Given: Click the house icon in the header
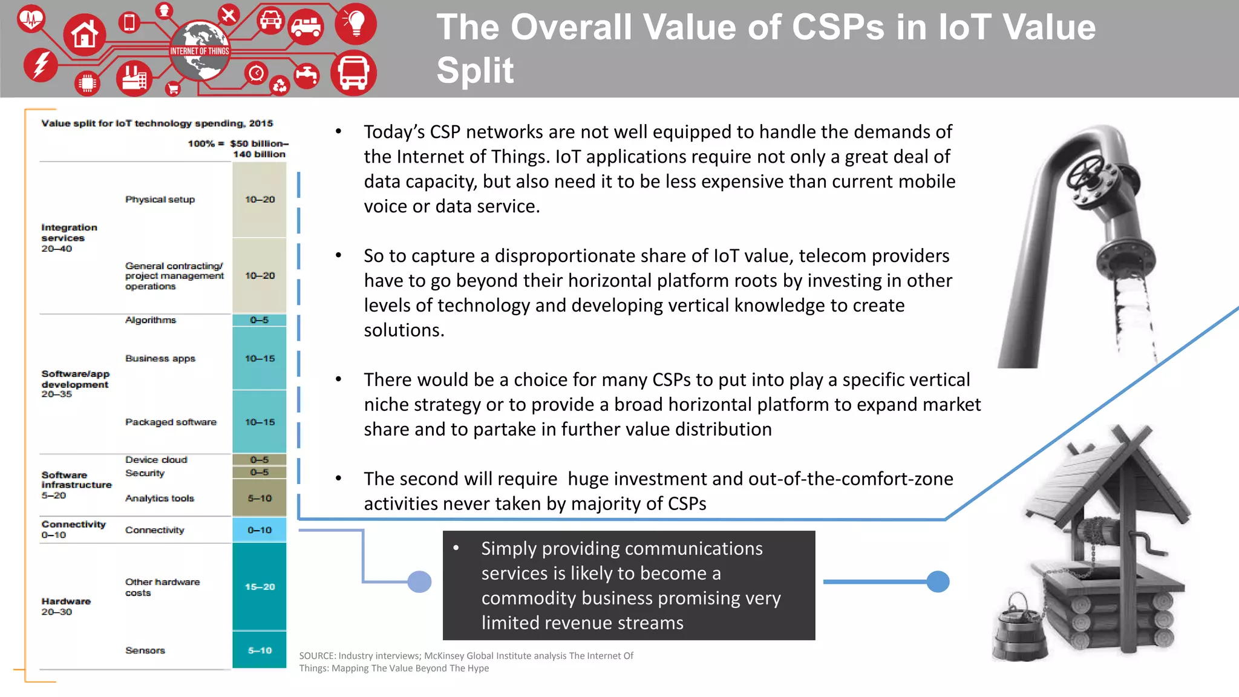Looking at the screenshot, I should tap(85, 34).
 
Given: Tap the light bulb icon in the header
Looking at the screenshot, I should tap(356, 23).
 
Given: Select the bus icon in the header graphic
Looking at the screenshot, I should tap(353, 73).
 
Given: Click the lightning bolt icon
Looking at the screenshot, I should tap(41, 64).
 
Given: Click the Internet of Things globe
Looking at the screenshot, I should tap(199, 51).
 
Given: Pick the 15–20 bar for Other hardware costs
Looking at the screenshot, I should tap(260, 586).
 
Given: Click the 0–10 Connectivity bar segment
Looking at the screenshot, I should tap(260, 530).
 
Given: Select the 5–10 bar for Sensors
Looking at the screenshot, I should tap(260, 650).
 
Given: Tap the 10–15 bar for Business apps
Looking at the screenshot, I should tap(260, 358).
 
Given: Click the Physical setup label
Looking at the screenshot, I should tap(160, 200).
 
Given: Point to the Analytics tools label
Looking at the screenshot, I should tap(160, 499).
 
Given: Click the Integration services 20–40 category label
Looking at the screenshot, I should tap(68, 238).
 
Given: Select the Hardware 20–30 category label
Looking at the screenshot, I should tap(65, 606).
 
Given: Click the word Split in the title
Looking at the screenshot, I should tap(475, 70).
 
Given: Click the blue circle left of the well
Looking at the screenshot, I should tap(938, 581).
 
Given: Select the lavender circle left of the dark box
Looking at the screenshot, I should tap(419, 581).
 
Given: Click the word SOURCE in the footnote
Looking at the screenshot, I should tap(317, 656).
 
